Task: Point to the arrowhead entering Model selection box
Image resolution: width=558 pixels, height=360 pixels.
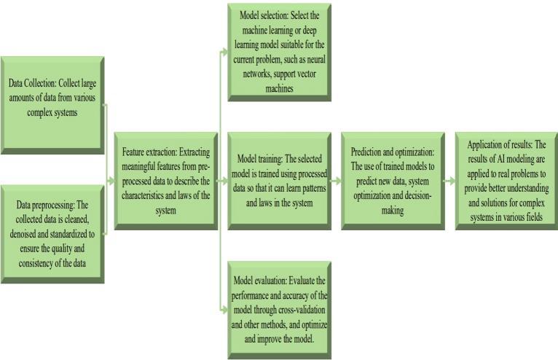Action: click(x=224, y=51)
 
